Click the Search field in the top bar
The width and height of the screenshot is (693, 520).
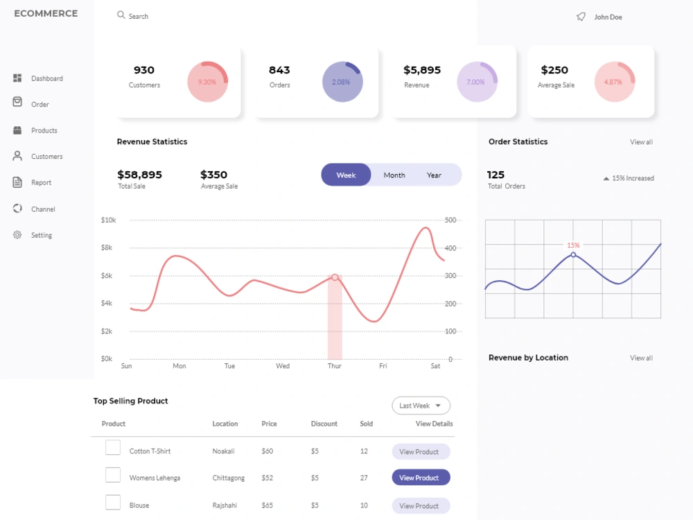[x=132, y=16]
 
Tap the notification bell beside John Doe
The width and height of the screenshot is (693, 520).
[x=581, y=17]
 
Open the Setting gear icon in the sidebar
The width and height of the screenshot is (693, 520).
[x=17, y=235]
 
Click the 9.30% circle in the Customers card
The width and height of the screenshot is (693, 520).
[x=207, y=82]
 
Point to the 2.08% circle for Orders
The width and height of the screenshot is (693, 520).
[x=342, y=82]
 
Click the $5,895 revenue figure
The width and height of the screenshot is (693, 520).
[x=422, y=70]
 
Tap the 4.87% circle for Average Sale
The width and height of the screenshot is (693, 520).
[x=614, y=82]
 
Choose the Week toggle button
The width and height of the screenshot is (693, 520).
[x=346, y=175]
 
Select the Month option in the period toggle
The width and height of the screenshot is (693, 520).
[x=394, y=175]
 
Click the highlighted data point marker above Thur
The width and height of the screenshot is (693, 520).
[x=335, y=277]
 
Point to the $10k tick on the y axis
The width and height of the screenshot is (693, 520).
[x=108, y=220]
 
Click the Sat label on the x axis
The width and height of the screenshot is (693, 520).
[x=435, y=366]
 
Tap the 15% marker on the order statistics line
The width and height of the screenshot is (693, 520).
[x=573, y=254]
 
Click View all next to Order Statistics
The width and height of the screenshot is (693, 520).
[x=641, y=142]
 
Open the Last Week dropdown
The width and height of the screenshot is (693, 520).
[x=421, y=406]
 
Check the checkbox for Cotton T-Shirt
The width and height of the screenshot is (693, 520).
[x=113, y=447]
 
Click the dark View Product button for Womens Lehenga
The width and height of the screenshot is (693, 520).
[x=421, y=478]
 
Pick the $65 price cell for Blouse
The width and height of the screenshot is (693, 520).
[x=267, y=505]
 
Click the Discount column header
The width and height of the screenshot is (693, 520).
[x=324, y=424]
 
